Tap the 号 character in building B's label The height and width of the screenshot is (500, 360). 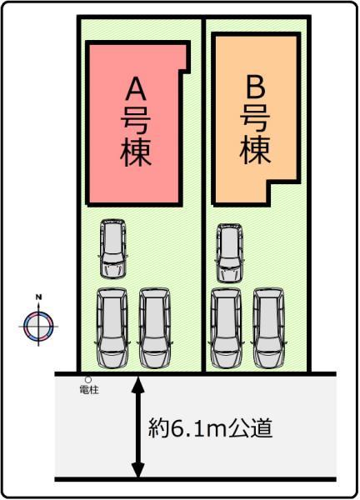(255, 118)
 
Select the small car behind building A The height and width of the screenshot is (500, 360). (112, 248)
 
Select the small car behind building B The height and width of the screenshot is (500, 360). (229, 252)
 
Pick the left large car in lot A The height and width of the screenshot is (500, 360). (112, 328)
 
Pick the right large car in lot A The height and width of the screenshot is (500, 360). (155, 328)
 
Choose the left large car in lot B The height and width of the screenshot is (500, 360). (227, 328)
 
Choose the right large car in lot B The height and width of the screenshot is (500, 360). (269, 328)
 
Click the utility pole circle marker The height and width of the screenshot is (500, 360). (88, 380)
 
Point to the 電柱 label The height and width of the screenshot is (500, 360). (89, 390)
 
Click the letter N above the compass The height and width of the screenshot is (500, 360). (39, 297)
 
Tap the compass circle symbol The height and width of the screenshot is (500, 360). (38, 327)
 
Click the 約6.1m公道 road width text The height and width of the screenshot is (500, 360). (211, 428)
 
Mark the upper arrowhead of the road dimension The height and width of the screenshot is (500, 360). (137, 384)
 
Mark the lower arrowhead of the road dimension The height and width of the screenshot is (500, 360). (137, 470)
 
